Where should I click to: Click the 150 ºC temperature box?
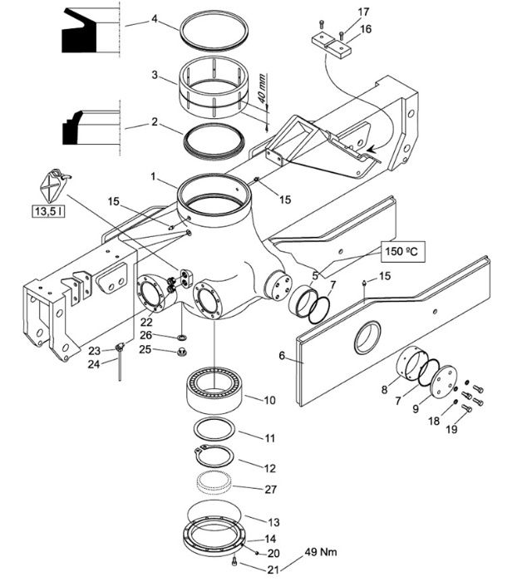point(402,252)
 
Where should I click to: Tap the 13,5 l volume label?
point(48,211)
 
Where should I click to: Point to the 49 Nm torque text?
point(321,552)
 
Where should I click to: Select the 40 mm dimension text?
point(262,88)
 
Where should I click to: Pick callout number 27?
point(270,489)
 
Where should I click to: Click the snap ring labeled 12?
point(214,456)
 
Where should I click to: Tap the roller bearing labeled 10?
point(214,391)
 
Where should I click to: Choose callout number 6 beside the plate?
point(282,356)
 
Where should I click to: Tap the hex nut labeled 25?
point(182,351)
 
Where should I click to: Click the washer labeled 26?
point(183,338)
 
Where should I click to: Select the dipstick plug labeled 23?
point(120,348)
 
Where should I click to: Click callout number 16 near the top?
point(365,28)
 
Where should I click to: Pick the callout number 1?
point(153,176)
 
